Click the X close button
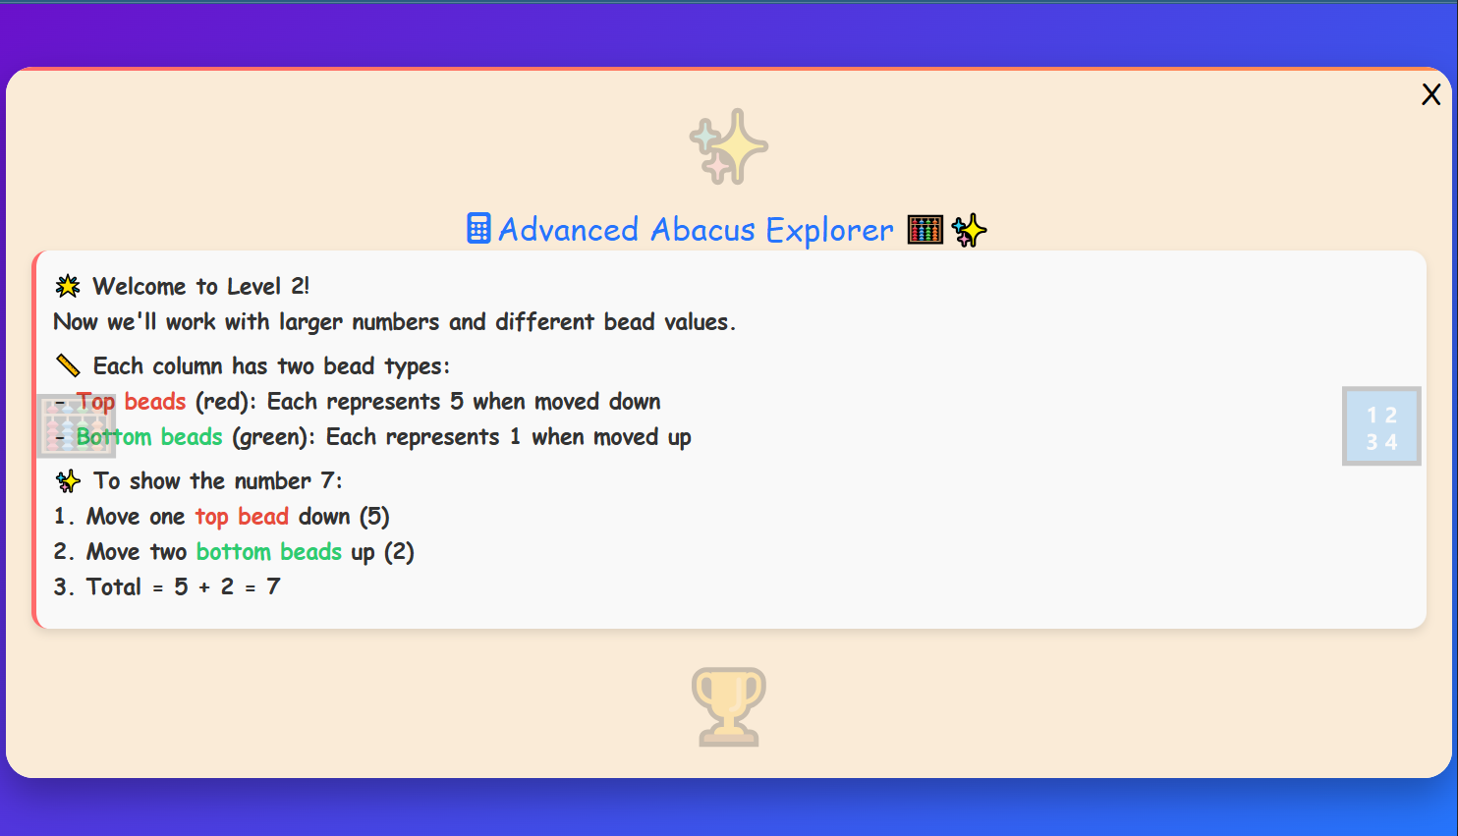pyautogui.click(x=1430, y=94)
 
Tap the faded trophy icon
pyautogui.click(x=728, y=705)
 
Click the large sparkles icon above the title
pyautogui.click(x=729, y=146)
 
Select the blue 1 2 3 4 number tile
pyautogui.click(x=1381, y=426)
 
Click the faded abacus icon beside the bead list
pyautogui.click(x=76, y=426)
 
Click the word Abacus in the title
pyautogui.click(x=702, y=230)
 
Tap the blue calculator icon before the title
pyautogui.click(x=478, y=229)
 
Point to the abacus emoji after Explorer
pyautogui.click(x=925, y=230)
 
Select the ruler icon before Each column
pyautogui.click(x=68, y=366)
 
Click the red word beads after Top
pyautogui.click(x=155, y=402)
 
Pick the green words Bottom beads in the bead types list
pyautogui.click(x=149, y=437)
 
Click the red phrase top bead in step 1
pyautogui.click(x=242, y=517)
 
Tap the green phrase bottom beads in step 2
pyautogui.click(x=269, y=552)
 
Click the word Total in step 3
pyautogui.click(x=114, y=587)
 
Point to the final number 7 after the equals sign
pyautogui.click(x=273, y=587)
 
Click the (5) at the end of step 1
pyautogui.click(x=373, y=517)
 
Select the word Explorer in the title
pyautogui.click(x=829, y=230)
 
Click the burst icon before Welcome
pyautogui.click(x=68, y=287)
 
